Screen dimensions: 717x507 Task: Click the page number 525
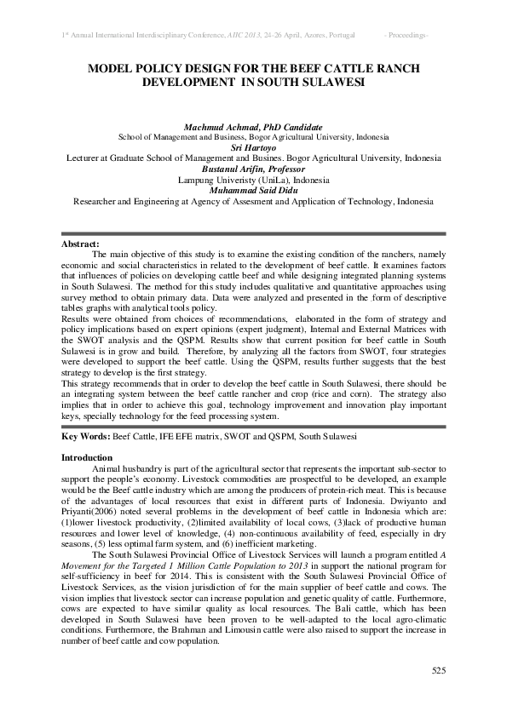[438, 672]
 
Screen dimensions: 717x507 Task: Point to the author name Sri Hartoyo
[254, 147]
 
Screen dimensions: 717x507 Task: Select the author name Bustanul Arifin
[253, 169]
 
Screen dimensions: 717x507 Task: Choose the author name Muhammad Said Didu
[254, 191]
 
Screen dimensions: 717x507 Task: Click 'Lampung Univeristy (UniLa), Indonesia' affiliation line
[253, 181]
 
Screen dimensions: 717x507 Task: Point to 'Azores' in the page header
[291, 34]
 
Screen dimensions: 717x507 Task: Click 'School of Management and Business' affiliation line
[186, 136]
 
